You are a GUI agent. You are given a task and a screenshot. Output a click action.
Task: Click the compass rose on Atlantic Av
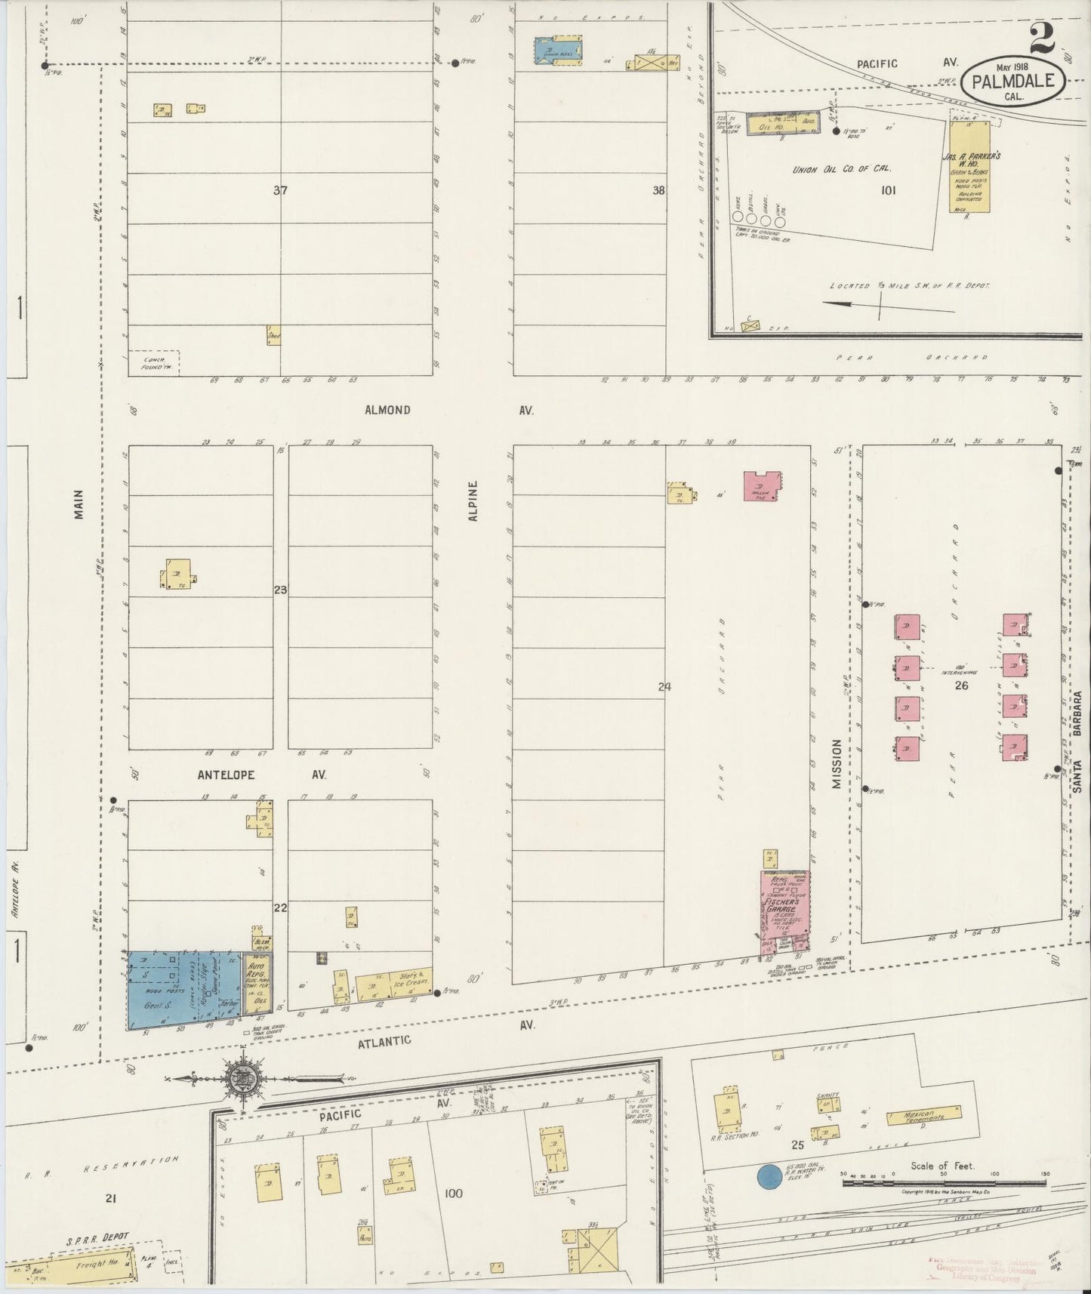pos(244,1079)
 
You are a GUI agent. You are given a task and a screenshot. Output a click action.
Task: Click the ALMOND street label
pos(387,410)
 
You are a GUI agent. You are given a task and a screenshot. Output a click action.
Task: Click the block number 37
pos(280,191)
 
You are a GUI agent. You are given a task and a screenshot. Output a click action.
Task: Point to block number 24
pos(664,687)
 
